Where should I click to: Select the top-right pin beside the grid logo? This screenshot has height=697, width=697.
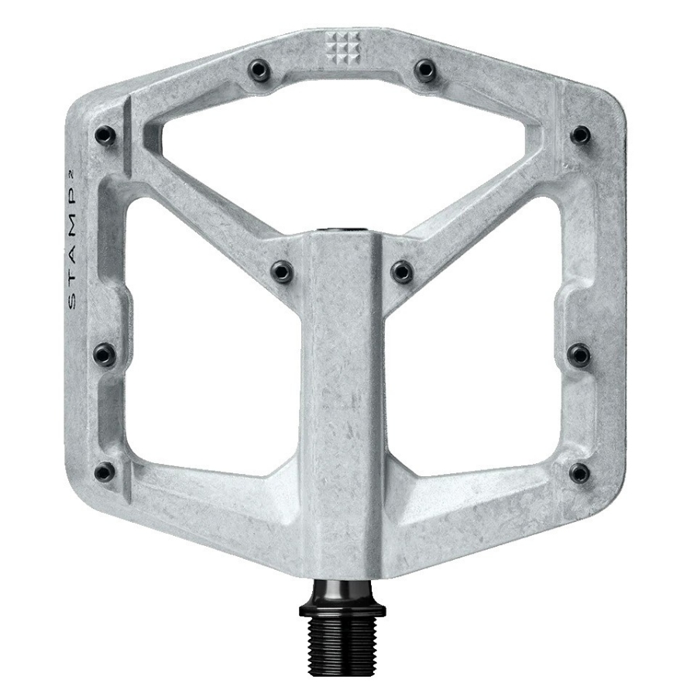point(424,70)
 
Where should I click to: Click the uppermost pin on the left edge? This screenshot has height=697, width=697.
point(105,136)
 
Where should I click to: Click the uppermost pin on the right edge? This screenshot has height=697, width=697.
point(579,136)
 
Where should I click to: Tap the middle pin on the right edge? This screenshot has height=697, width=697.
point(579,355)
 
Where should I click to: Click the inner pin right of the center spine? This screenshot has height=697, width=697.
point(401,270)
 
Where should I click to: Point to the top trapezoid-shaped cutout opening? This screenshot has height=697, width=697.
point(341,147)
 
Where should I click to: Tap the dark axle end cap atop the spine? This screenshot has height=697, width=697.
point(341,230)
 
